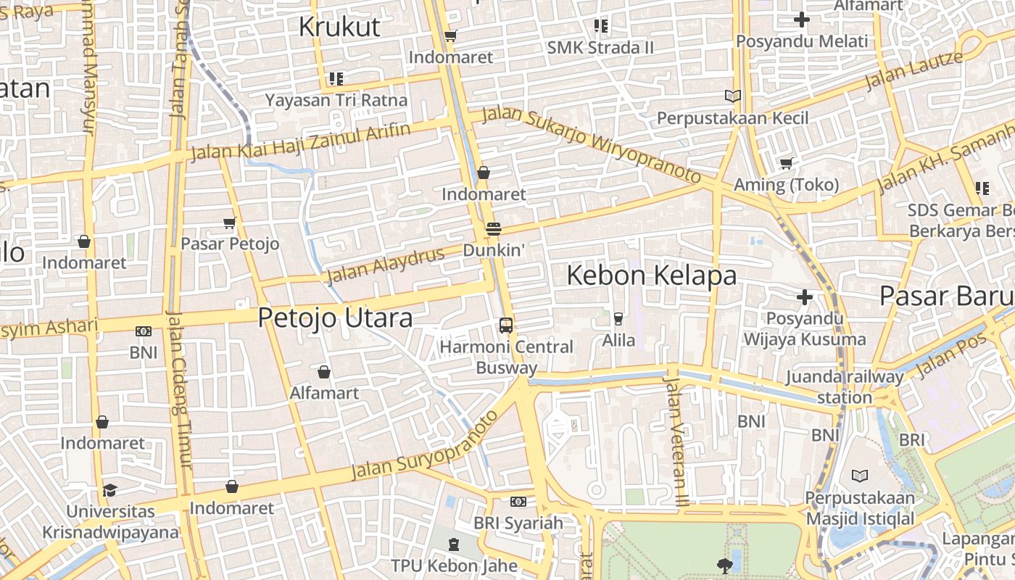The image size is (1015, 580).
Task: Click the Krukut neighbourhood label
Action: (339, 27)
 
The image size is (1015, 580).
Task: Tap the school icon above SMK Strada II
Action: (600, 26)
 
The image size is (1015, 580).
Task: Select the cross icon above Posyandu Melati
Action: (801, 20)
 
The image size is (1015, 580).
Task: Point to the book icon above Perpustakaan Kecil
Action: (733, 96)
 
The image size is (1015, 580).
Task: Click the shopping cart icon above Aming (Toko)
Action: (786, 163)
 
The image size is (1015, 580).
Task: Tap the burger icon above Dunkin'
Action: (494, 229)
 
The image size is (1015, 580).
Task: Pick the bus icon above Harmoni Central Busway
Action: (506, 326)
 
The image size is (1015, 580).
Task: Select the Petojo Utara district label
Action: (335, 318)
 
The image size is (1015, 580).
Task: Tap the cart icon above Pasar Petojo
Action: (229, 223)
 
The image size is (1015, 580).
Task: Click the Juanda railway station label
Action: (845, 387)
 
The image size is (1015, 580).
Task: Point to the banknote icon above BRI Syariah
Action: (518, 502)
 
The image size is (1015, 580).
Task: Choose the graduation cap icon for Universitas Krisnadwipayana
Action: (109, 491)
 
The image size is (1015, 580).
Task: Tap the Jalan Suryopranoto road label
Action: (425, 445)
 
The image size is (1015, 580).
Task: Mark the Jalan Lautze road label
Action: (913, 70)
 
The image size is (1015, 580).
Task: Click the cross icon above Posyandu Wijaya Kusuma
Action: (804, 297)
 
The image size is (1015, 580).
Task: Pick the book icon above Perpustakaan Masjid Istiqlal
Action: (859, 476)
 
